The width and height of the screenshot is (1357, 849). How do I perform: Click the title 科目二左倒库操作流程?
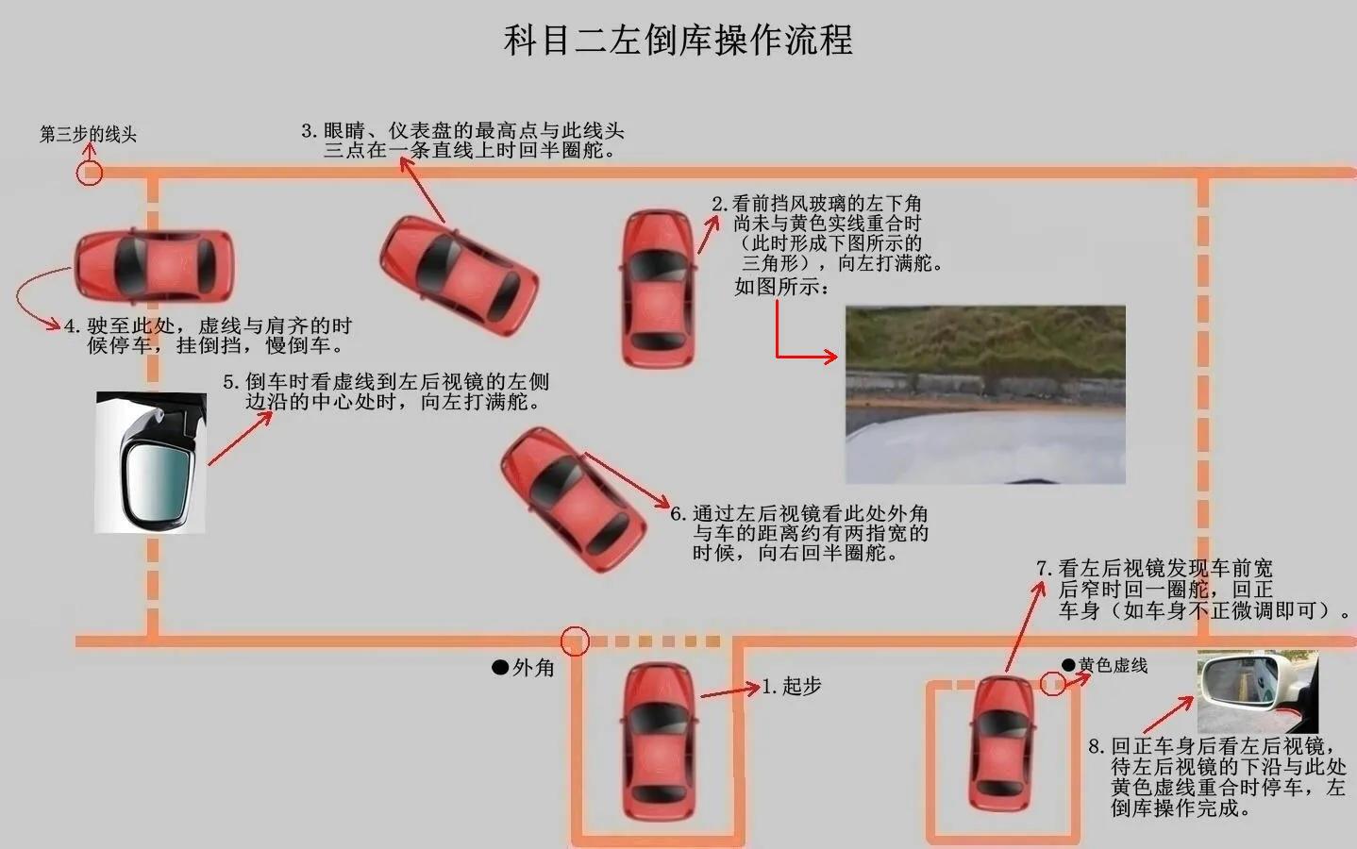[x=678, y=41]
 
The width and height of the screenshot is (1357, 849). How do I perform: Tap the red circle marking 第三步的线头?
[x=89, y=174]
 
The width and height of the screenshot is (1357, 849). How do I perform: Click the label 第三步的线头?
[x=88, y=134]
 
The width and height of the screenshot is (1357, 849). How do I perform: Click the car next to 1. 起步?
[x=658, y=741]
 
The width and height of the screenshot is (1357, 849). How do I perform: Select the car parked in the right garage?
[x=1004, y=743]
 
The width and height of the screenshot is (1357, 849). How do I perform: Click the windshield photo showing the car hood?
[x=984, y=394]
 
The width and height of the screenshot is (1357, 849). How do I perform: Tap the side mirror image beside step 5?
[x=151, y=462]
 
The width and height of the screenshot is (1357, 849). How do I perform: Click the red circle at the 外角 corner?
[x=575, y=641]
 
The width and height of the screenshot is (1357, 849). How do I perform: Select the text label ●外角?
[x=524, y=668]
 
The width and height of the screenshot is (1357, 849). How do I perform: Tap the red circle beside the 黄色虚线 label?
[x=1052, y=683]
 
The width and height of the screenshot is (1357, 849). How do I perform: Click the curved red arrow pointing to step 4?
[x=33, y=300]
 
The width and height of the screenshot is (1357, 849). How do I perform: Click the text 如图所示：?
[x=781, y=287]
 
